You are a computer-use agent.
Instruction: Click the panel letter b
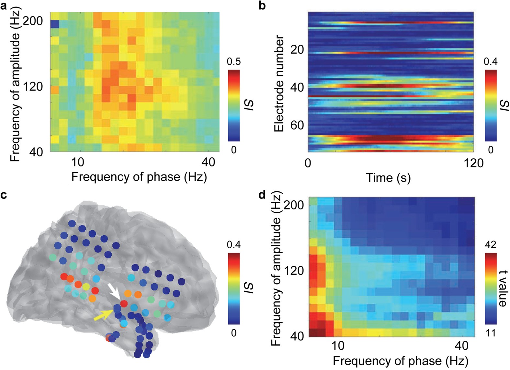pyautogui.click(x=262, y=5)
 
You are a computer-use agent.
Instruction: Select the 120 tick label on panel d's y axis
pyautogui.click(x=294, y=271)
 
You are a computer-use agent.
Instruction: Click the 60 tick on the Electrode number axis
pyautogui.click(x=297, y=125)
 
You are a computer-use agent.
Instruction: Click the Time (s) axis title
pyautogui.click(x=388, y=178)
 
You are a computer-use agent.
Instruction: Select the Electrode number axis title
pyautogui.click(x=279, y=84)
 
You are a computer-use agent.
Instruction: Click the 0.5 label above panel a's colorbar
pyautogui.click(x=233, y=62)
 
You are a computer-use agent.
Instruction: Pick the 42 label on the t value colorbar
pyautogui.click(x=491, y=244)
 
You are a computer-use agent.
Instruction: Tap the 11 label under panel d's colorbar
pyautogui.click(x=491, y=333)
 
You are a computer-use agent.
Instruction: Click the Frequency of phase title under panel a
pyautogui.click(x=139, y=177)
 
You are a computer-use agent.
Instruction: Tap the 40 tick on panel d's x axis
pyautogui.click(x=461, y=346)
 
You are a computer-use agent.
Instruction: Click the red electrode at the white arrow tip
pyautogui.click(x=124, y=304)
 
